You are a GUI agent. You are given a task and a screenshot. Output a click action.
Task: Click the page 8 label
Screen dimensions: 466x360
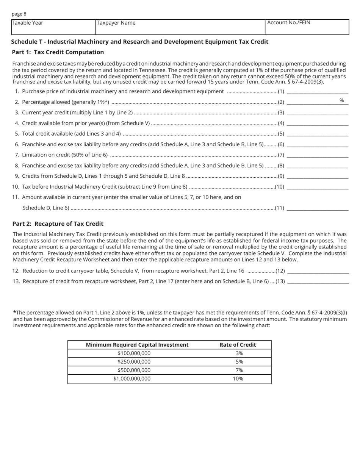19,14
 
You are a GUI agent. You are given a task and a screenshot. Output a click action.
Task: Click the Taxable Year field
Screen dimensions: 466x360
53,27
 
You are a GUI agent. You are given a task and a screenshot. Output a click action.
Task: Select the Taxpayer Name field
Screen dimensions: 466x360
180,27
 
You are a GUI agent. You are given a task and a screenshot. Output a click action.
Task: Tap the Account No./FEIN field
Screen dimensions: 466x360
307,27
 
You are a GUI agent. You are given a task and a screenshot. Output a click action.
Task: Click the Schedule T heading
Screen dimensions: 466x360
140,42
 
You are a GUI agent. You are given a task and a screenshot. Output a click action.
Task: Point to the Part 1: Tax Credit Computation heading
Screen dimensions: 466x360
58,52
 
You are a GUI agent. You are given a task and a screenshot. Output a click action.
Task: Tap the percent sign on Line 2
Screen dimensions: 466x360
341,100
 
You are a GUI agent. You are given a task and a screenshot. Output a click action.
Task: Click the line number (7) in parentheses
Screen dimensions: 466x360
281,155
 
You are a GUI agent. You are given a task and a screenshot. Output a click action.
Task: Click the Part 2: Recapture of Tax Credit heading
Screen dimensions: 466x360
58,224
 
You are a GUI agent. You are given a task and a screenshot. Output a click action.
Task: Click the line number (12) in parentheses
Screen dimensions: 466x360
280,271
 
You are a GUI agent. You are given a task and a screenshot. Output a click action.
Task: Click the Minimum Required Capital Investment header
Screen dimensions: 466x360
137,345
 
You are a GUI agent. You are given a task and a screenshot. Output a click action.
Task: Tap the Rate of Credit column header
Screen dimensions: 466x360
238,345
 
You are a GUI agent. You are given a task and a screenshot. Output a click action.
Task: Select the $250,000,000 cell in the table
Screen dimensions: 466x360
134,362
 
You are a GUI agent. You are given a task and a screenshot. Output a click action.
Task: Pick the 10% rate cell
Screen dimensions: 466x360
238,378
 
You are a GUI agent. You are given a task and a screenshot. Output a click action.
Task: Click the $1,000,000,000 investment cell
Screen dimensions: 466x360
132,378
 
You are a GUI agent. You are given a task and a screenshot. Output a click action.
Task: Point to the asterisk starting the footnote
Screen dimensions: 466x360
14,313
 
